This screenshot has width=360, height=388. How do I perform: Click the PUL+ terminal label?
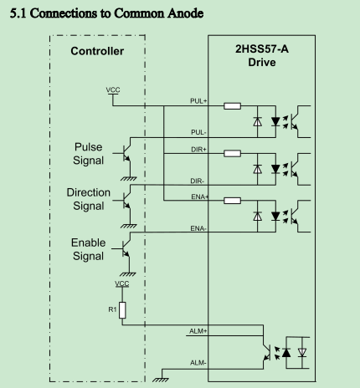(x=198, y=101)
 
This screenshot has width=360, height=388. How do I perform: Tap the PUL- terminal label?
(x=198, y=132)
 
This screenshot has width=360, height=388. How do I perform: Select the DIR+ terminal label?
(x=198, y=150)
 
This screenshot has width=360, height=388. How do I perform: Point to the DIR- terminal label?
(x=198, y=181)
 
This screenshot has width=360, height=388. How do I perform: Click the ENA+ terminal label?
(x=199, y=197)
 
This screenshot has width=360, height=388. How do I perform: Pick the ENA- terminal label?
(x=198, y=228)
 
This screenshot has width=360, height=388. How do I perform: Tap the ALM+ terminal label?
(x=198, y=331)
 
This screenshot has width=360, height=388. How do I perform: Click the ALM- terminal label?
(x=198, y=363)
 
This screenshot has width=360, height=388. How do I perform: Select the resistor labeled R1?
(x=122, y=310)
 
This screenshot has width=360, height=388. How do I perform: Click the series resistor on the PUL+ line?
(x=232, y=106)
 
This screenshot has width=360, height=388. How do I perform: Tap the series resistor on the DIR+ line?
(x=232, y=153)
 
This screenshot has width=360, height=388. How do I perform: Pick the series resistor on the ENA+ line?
(x=232, y=201)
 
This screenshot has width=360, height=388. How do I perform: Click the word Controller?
(x=97, y=51)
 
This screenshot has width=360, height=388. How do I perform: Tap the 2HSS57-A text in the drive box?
(x=262, y=49)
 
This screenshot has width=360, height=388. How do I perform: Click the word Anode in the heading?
(x=185, y=13)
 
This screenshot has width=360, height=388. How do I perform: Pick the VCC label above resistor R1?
(x=122, y=283)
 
